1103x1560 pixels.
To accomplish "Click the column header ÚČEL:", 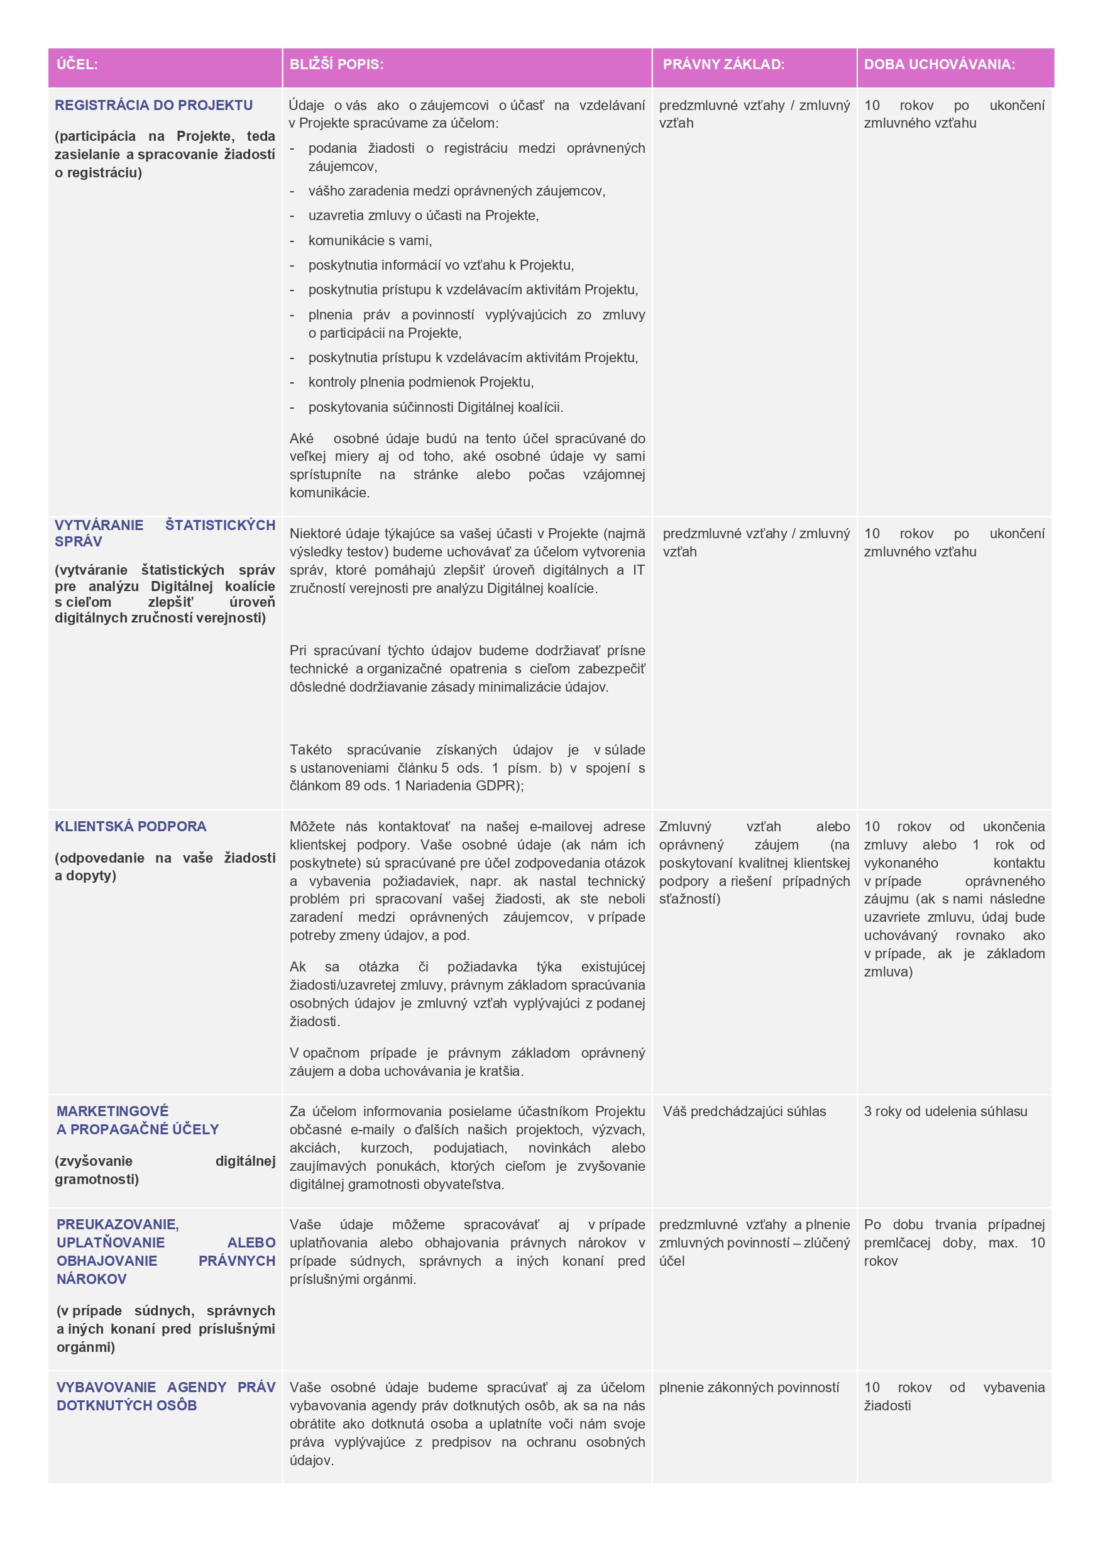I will [x=77, y=65].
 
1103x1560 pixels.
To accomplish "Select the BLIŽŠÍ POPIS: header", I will [x=336, y=65].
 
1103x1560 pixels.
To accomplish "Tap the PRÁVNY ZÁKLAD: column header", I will [x=723, y=65].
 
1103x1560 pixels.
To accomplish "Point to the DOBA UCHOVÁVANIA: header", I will [x=940, y=65].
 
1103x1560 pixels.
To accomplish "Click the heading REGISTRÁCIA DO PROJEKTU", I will [x=153, y=105].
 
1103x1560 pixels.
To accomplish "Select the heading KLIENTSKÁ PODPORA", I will [x=130, y=826].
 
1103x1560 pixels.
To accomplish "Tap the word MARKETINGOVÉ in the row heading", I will [x=112, y=1111].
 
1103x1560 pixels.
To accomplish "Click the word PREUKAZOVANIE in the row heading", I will [x=118, y=1224].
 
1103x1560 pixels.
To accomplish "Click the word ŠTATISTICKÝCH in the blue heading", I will [x=220, y=524].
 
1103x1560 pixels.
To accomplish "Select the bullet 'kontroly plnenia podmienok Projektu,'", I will [x=420, y=382].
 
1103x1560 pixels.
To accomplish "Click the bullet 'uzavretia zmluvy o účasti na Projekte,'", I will [x=423, y=216].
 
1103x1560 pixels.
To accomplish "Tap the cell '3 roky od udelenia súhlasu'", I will [x=945, y=1112].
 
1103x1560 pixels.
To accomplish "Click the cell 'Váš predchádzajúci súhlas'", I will [x=744, y=1112].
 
